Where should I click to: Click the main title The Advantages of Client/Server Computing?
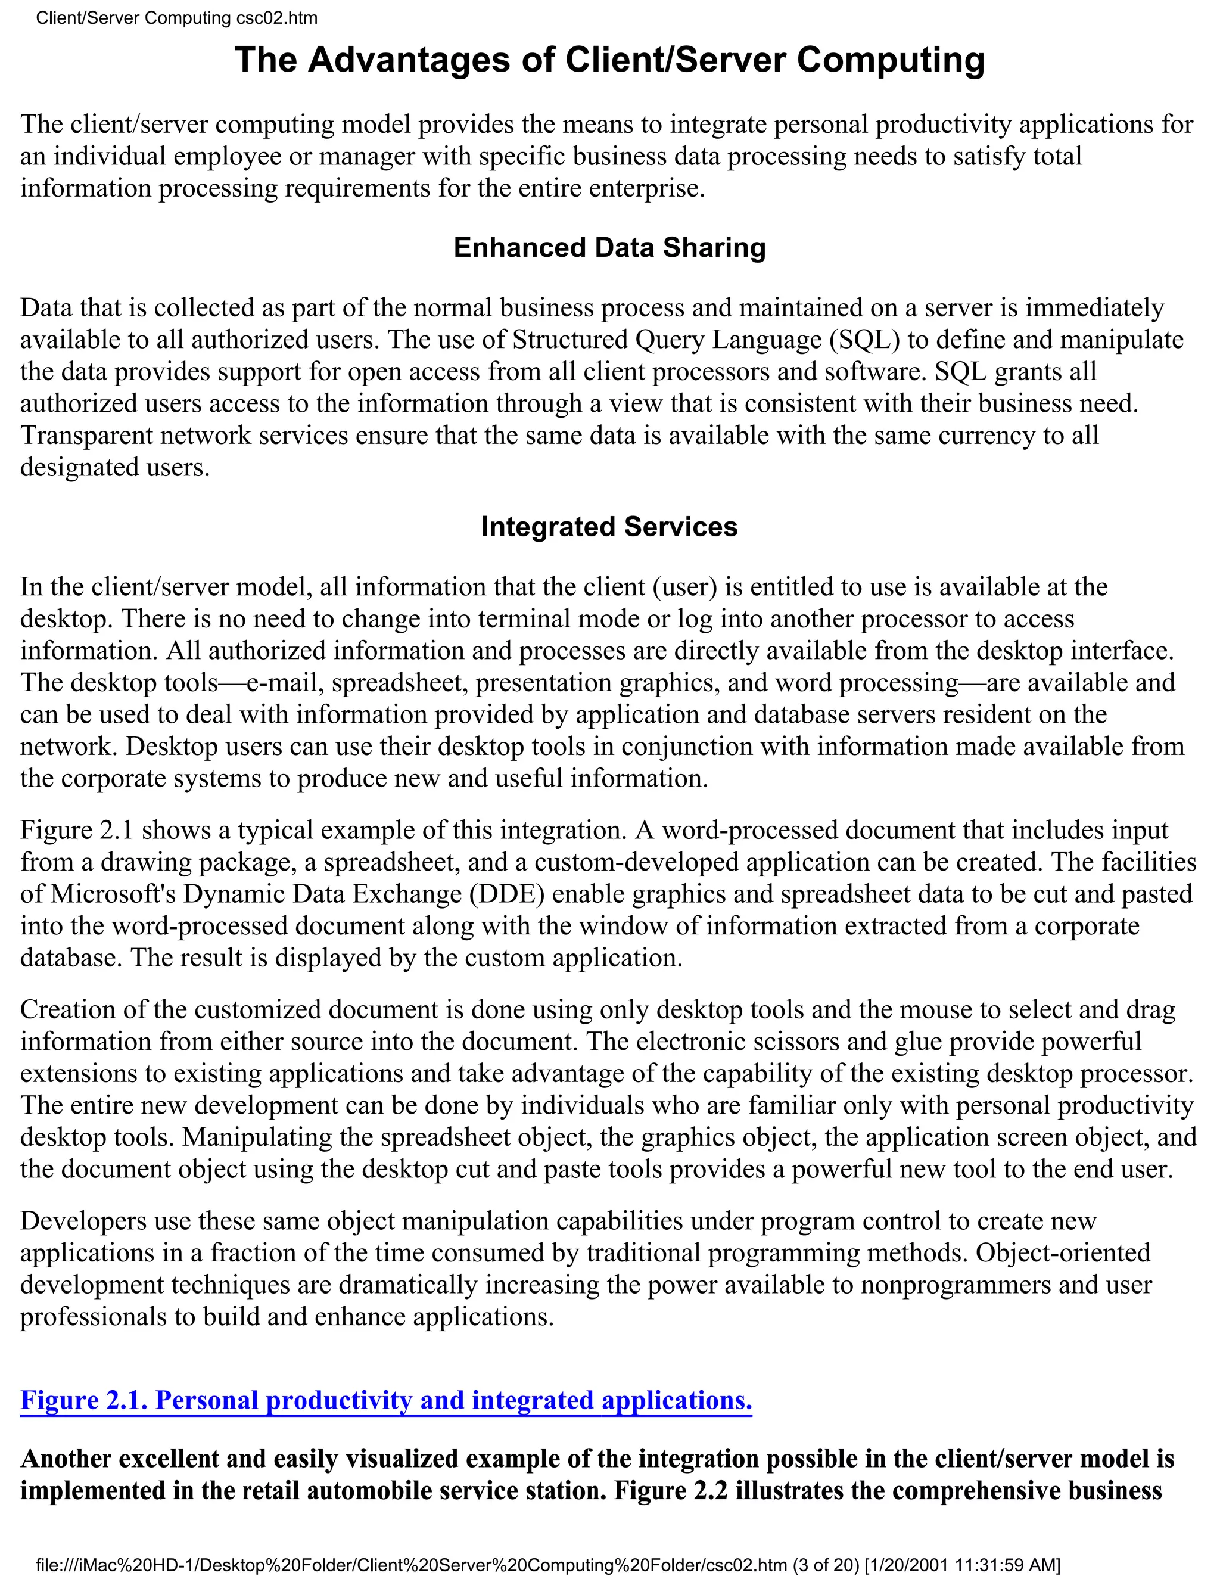tap(609, 60)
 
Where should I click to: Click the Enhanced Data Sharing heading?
tap(609, 248)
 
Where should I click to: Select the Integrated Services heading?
tap(609, 526)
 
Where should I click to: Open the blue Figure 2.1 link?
tap(386, 1400)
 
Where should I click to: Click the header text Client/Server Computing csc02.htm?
tap(177, 18)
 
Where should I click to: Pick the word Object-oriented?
tap(1063, 1253)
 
